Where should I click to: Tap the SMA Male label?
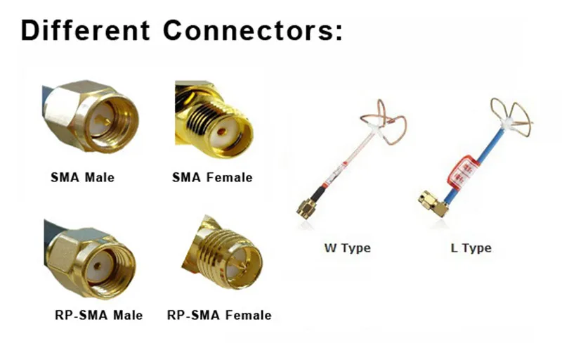[x=82, y=177]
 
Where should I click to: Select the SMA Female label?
[x=211, y=177]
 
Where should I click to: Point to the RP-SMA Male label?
[x=98, y=314]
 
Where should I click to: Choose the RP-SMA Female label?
[x=219, y=314]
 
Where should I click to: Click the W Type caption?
[x=347, y=247]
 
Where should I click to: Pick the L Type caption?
[x=471, y=247]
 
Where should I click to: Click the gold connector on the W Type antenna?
[x=308, y=206]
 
